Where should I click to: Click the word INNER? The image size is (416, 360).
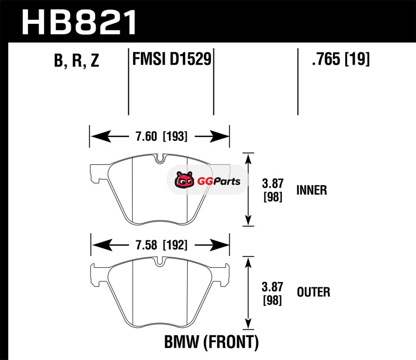click(311, 190)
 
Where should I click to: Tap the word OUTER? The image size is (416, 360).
click(313, 292)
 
